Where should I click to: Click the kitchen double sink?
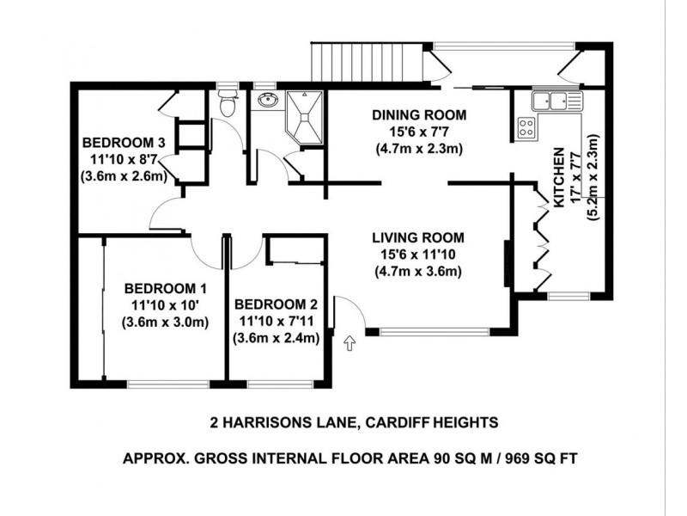click(x=556, y=102)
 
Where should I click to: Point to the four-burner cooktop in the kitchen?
click(x=526, y=129)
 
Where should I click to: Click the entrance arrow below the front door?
click(x=349, y=344)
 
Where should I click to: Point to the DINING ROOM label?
click(x=418, y=114)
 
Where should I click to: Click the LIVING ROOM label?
click(x=418, y=237)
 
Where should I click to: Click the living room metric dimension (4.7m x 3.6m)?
click(x=418, y=273)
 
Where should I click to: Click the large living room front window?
click(x=435, y=331)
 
